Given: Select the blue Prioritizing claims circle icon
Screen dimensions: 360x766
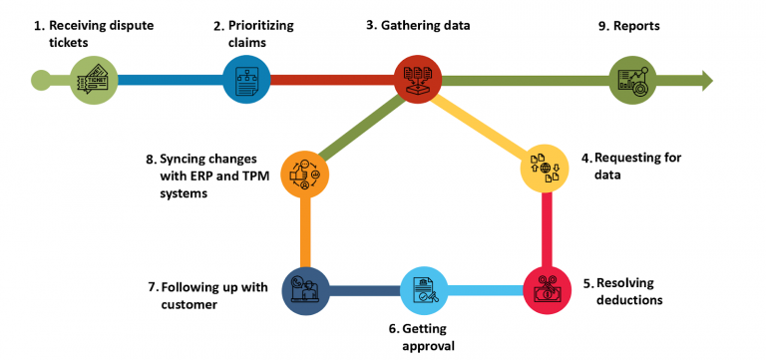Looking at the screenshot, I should pos(246,80).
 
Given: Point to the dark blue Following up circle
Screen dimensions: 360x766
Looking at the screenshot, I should pos(304,290).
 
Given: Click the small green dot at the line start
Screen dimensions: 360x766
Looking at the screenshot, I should pos(41,80).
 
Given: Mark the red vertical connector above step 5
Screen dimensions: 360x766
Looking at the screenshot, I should pos(547,229).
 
